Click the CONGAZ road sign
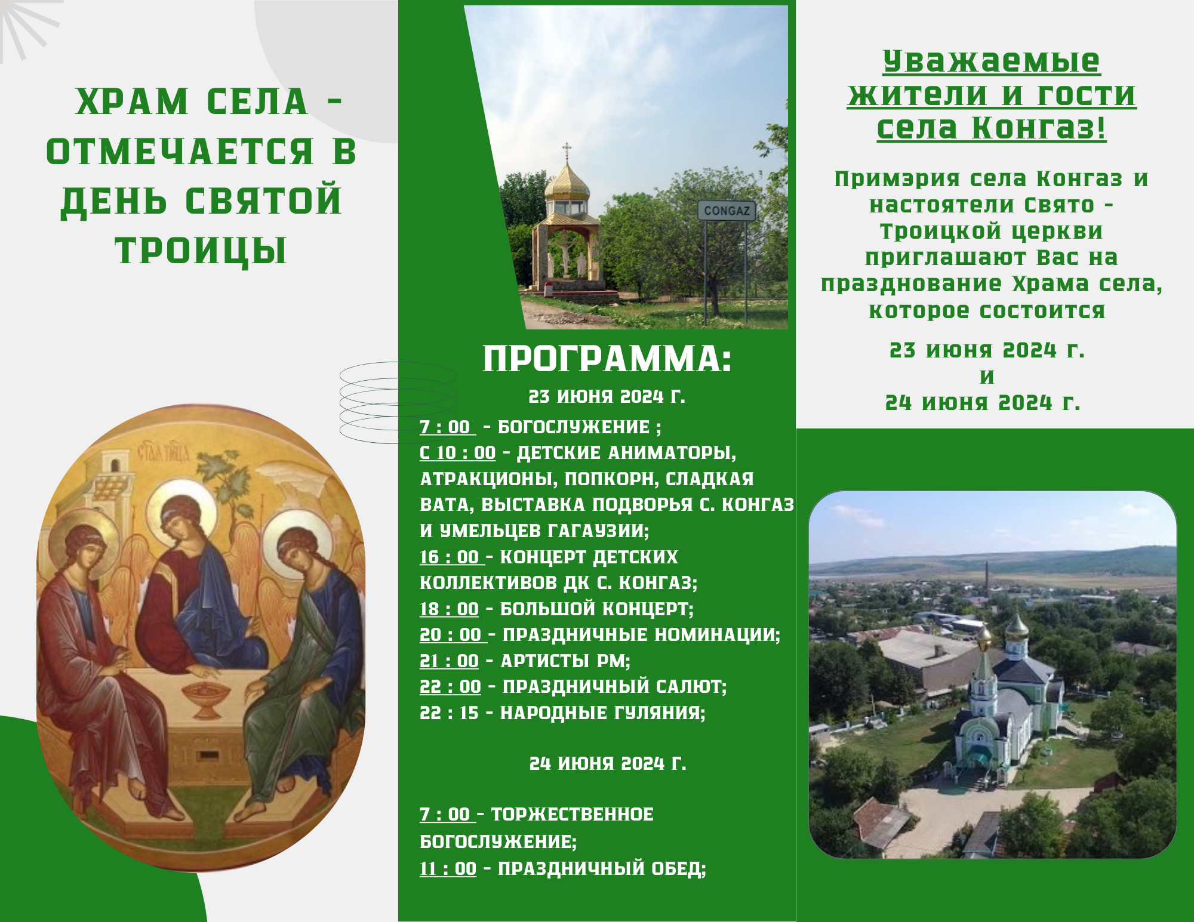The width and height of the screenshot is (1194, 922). (x=726, y=211)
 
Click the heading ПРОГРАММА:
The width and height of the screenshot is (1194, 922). (x=607, y=359)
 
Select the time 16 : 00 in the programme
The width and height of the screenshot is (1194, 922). (x=449, y=557)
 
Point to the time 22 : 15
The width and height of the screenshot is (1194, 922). (x=449, y=713)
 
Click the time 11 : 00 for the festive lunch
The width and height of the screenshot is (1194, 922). (x=448, y=868)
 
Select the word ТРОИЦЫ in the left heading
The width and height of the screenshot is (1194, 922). (x=201, y=251)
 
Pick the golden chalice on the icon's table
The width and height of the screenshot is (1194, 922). (x=206, y=698)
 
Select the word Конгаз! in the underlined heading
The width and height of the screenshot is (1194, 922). (x=1039, y=128)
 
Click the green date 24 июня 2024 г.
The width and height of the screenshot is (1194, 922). (x=983, y=403)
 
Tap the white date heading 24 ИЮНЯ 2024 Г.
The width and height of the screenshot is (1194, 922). (x=608, y=763)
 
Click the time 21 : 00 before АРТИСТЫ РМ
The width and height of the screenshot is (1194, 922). (x=449, y=661)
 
